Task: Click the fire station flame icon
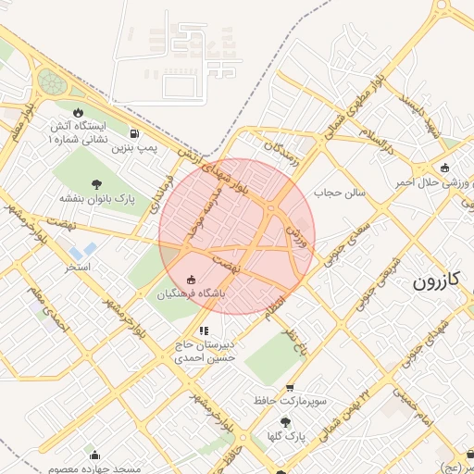pos(91,112)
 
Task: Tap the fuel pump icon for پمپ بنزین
pos(136,133)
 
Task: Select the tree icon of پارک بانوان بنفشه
pos(98,183)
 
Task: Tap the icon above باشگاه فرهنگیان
pos(192,280)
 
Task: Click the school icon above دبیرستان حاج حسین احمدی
pos(204,331)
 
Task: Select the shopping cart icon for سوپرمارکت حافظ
pos(290,389)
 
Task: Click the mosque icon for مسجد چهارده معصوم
pos(94,455)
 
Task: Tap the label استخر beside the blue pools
pos(76,267)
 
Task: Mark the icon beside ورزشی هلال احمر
pos(445,168)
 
